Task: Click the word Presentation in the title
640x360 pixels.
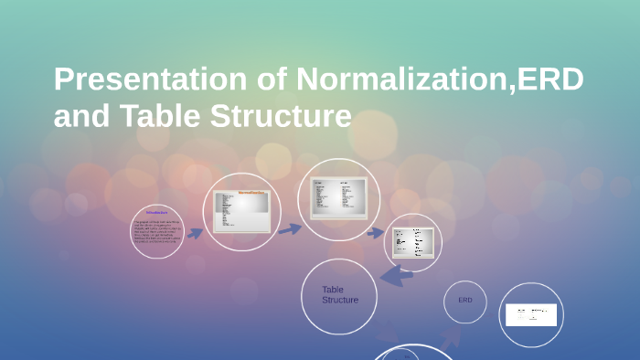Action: tap(149, 80)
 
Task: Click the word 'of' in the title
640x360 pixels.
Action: tap(272, 80)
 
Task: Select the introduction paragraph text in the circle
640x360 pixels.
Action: tap(156, 233)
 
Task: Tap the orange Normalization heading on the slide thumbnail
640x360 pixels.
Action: tap(252, 193)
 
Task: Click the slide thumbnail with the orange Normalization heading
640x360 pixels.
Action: tap(242, 211)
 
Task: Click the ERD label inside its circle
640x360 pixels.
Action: tap(465, 300)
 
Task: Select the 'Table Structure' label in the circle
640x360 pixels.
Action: tap(339, 294)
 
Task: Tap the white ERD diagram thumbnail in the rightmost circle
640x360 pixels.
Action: tap(530, 314)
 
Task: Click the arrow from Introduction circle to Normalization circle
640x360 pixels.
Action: tap(195, 233)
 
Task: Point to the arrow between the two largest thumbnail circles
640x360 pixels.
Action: tap(289, 228)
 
